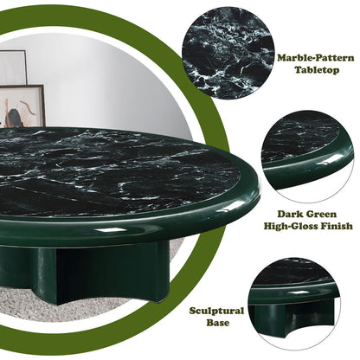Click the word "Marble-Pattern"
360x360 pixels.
[316, 58]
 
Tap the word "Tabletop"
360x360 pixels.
[317, 70]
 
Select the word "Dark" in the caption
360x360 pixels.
[289, 215]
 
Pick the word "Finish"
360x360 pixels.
[340, 226]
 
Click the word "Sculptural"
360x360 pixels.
[216, 311]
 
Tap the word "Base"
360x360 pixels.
[218, 323]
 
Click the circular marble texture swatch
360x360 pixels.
[228, 53]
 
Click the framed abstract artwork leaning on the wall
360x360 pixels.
[22, 106]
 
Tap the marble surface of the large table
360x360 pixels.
[115, 170]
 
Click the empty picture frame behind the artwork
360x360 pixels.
[13, 67]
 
